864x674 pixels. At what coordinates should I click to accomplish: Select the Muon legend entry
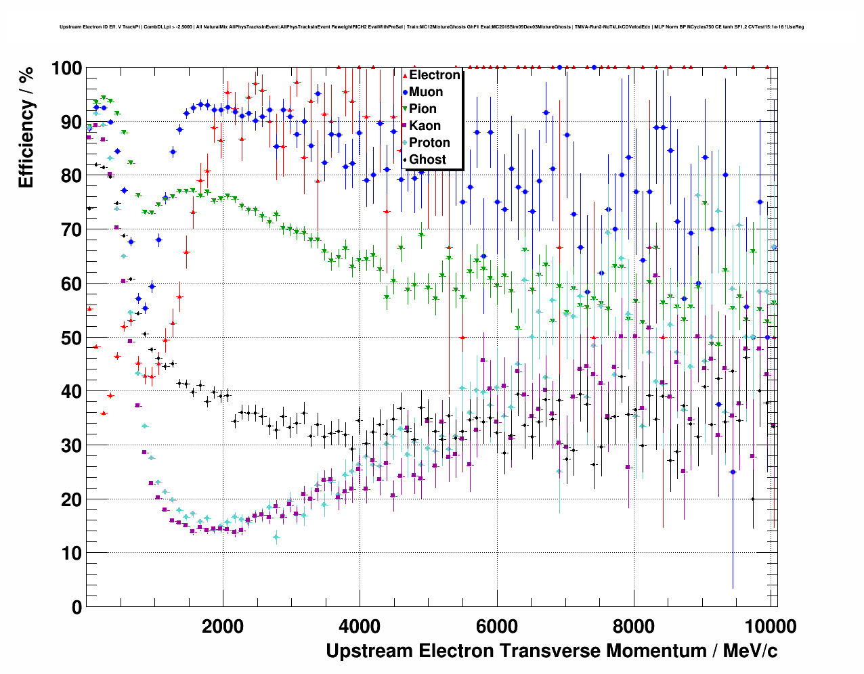point(426,92)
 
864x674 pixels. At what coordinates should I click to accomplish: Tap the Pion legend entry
point(423,109)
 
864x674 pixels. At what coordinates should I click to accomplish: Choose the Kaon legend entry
point(425,126)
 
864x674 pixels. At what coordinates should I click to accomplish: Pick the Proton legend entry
point(429,143)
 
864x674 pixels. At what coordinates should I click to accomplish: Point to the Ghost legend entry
point(427,160)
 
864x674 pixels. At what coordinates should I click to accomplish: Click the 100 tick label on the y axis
point(66,68)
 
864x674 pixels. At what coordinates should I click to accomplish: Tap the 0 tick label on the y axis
point(77,607)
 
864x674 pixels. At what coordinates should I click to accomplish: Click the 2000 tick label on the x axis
point(223,627)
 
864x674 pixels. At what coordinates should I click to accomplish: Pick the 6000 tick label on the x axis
point(497,627)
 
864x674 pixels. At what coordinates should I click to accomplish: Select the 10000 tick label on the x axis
point(770,627)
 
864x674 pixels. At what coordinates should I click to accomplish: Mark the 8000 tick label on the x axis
point(634,627)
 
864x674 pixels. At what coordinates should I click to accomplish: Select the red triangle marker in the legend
point(405,75)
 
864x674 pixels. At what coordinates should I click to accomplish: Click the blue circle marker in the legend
point(405,92)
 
